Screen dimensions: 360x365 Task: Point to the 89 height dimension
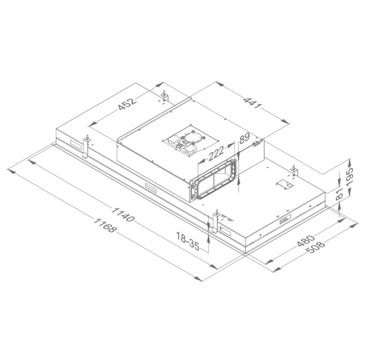pos(244,139)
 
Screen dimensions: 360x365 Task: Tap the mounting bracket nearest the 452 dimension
pos(164,94)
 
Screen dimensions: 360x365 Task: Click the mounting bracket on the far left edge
pos(86,144)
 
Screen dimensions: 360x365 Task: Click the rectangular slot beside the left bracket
pos(74,145)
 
